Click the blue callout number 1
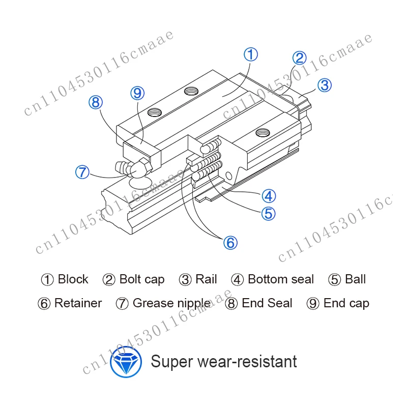[x=251, y=54]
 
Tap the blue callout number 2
[x=299, y=58]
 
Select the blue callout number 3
[x=325, y=85]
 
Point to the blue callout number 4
[x=269, y=196]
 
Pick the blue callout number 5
[x=268, y=213]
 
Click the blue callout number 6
[x=230, y=243]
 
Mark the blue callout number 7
[x=82, y=172]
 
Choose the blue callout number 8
[x=96, y=102]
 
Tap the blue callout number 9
[x=137, y=93]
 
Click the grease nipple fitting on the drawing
[x=134, y=168]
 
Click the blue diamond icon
[x=126, y=362]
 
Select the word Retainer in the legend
[x=78, y=303]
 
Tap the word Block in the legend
[x=73, y=279]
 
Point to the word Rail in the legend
[x=206, y=279]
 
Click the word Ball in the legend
[x=355, y=279]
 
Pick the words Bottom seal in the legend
[x=281, y=279]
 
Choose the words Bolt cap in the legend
[x=142, y=280]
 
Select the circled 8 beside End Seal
[x=231, y=303]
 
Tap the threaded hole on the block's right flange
[x=263, y=133]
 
